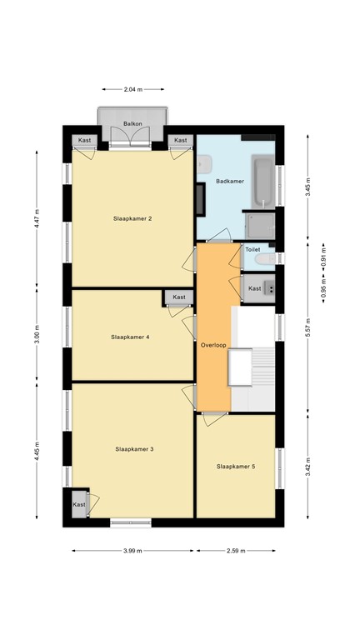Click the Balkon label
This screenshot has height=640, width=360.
132,123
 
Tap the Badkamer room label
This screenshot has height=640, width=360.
229,181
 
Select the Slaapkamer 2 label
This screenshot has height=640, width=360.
132,219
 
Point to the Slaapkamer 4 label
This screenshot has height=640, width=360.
130,337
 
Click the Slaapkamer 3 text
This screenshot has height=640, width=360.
134,449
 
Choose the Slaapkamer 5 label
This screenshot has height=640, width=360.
235,467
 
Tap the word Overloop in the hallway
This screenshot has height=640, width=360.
213,344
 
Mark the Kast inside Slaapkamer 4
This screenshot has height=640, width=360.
179,297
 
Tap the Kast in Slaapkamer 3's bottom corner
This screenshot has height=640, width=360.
79,504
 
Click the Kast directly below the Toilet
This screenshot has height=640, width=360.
255,288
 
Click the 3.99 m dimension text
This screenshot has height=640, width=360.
132,551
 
